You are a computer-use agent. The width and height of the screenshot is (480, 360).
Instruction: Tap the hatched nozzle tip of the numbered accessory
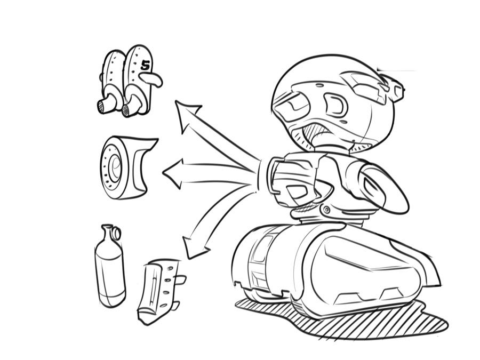[x=126, y=110]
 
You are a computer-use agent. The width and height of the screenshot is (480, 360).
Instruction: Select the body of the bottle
[x=110, y=272]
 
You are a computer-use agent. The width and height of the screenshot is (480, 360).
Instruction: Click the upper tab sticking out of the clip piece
[x=180, y=279]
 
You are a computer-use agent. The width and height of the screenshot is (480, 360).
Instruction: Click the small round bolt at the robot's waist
[x=325, y=210]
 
